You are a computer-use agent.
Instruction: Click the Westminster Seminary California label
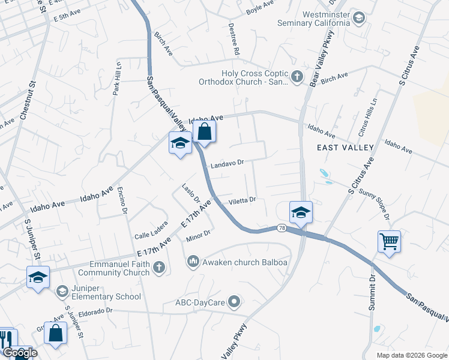pos(313,19)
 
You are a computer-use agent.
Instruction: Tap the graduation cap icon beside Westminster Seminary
pos(359,17)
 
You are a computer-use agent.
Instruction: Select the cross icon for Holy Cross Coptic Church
pos(297,77)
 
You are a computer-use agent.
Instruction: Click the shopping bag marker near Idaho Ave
pos(204,131)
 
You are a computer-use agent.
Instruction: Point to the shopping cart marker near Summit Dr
pos(390,242)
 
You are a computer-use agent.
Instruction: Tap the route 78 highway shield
pos(281,228)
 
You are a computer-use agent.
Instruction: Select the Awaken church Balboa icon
pos(193,262)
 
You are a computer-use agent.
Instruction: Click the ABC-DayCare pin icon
pos(235,302)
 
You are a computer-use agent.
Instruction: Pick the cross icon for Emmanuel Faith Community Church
pos(159,268)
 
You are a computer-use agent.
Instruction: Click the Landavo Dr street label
pos(227,163)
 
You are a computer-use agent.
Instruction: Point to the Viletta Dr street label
pos(242,200)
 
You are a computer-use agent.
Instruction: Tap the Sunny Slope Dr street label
pos(374,204)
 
